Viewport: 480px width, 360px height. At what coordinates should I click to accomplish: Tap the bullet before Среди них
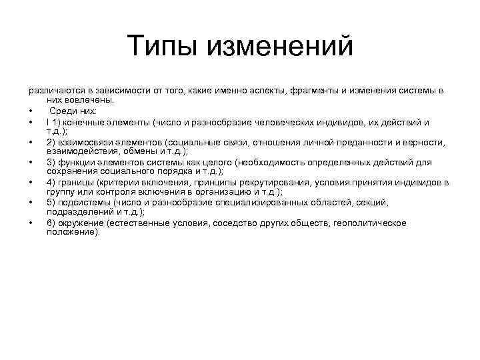pyautogui.click(x=31, y=111)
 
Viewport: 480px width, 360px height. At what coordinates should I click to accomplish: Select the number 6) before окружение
pyautogui.click(x=51, y=222)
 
